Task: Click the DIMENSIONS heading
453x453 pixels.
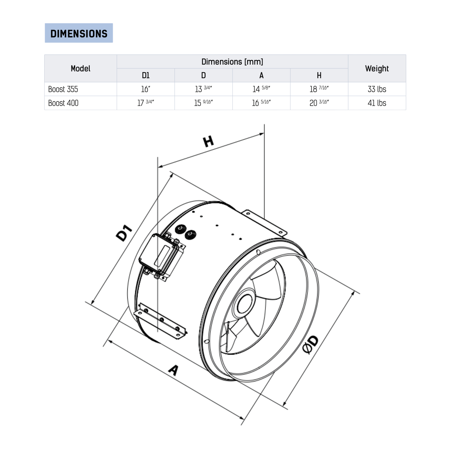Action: point(79,33)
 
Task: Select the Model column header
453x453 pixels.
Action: point(81,69)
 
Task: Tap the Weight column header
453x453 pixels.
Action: point(377,69)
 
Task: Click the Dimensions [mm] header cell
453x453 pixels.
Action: point(232,62)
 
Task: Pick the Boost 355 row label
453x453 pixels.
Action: point(63,89)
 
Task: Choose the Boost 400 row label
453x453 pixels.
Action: point(63,103)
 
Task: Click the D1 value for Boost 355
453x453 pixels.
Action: point(145,89)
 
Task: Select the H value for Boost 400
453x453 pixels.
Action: point(319,103)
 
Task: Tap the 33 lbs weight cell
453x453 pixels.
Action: point(377,89)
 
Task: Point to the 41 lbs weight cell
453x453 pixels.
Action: point(377,103)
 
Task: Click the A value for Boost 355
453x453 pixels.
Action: point(261,89)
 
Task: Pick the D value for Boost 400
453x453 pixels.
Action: point(203,103)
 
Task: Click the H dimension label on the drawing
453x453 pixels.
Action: point(208,141)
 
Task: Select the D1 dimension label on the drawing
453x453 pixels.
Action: point(124,233)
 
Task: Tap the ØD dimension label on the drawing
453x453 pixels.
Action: point(310,345)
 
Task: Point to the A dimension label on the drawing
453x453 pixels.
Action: point(173,370)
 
